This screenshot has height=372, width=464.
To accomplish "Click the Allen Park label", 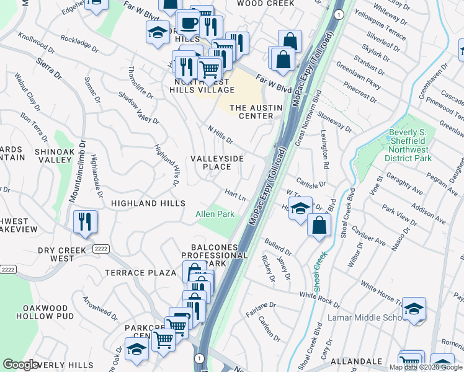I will (215, 214).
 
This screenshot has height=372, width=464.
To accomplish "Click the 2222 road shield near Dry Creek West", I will (101, 249).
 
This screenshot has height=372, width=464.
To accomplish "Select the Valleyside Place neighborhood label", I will (216, 162).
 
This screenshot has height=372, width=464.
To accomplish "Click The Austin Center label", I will (256, 112).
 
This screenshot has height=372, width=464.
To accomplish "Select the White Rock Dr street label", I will (319, 300).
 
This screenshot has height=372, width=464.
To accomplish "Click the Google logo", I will (20, 365).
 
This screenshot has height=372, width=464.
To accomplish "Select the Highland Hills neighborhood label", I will (148, 203).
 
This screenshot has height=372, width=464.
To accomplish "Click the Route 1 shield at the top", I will (338, 13).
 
